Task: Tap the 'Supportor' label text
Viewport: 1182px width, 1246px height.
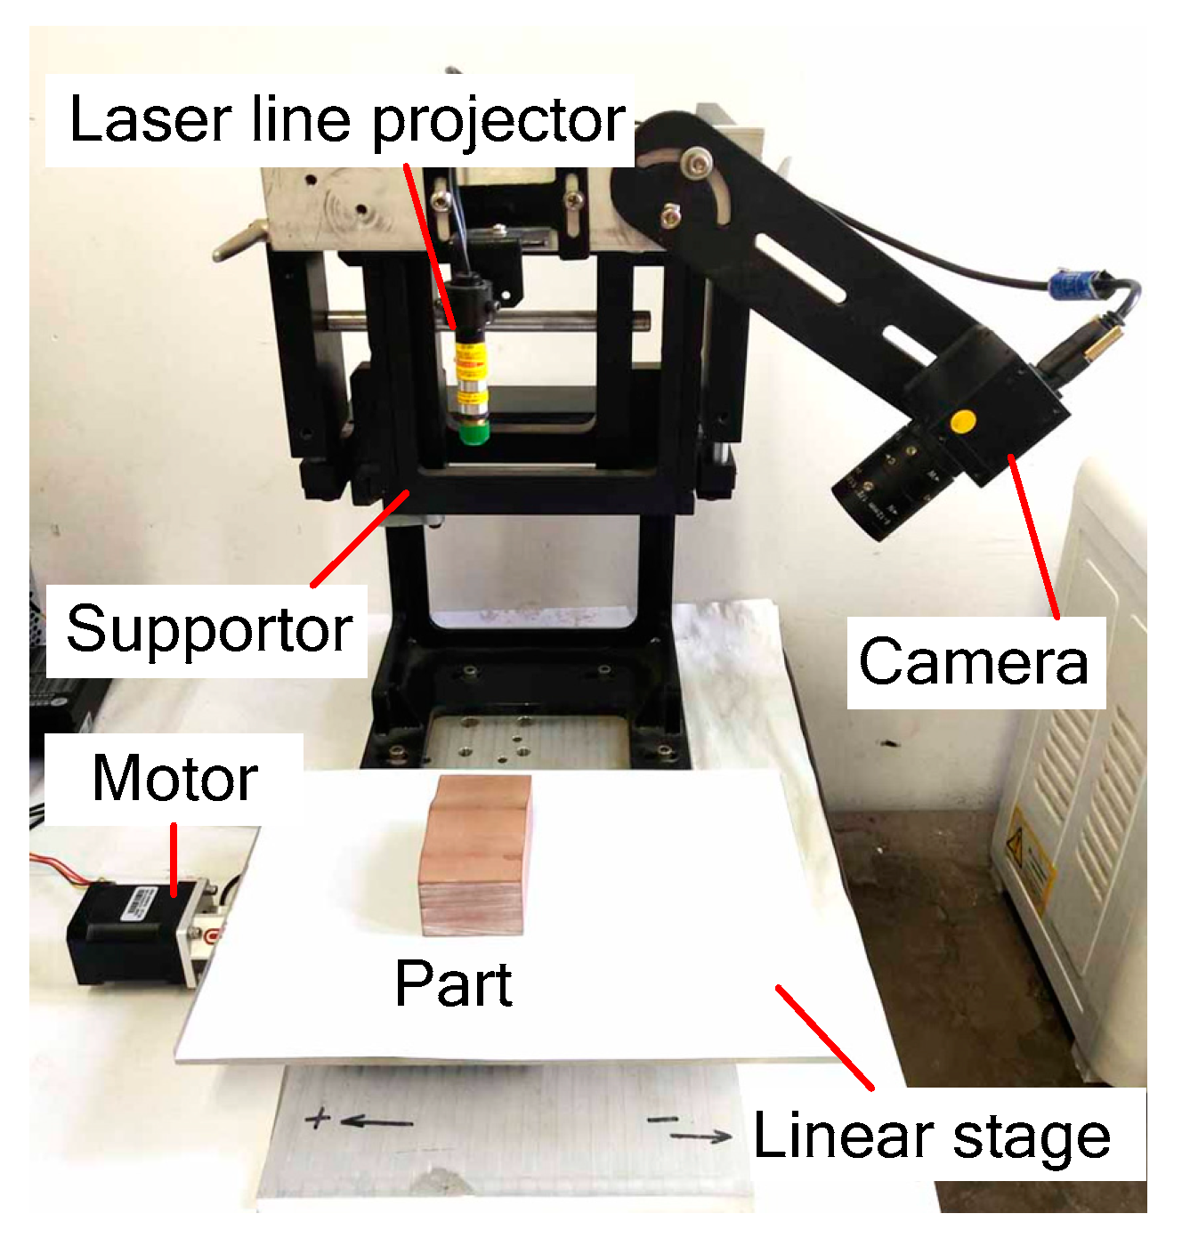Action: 209,629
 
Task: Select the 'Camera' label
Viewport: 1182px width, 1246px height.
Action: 974,662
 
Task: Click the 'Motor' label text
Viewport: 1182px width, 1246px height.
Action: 175,779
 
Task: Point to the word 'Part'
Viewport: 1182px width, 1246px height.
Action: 453,983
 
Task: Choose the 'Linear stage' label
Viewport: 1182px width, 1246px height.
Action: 932,1137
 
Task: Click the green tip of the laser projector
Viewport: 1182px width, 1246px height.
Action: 474,432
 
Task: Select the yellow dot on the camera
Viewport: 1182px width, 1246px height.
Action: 962,421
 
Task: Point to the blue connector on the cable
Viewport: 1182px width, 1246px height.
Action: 1069,284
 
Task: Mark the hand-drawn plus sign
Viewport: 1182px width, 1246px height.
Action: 318,1118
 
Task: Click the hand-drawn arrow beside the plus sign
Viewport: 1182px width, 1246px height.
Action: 376,1122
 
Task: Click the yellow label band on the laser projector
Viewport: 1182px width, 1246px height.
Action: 469,360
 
